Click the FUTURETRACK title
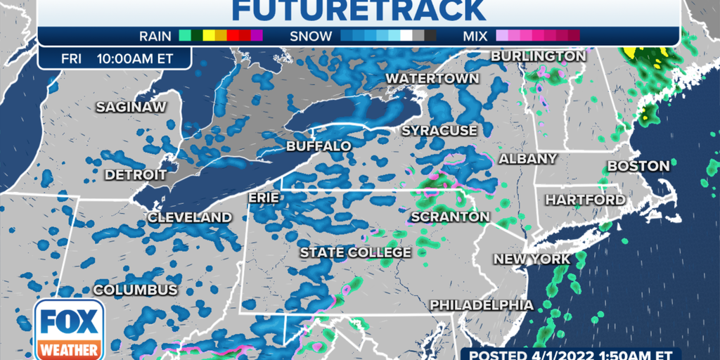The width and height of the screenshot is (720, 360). (x=359, y=11)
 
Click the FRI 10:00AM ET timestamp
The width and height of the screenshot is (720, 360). (x=115, y=58)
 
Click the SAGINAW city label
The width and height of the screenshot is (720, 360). (x=131, y=107)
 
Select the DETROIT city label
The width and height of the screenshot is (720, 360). (x=136, y=174)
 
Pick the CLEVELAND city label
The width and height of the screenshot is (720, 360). (x=189, y=218)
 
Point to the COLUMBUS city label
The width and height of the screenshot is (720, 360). (x=136, y=290)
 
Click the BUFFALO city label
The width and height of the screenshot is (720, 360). (x=319, y=146)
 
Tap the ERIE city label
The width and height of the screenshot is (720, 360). (x=264, y=199)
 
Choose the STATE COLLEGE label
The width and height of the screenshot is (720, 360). (x=355, y=252)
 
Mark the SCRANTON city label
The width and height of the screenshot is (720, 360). (x=449, y=217)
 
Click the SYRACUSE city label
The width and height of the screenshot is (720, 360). (x=439, y=131)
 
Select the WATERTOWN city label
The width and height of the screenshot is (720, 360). (x=432, y=78)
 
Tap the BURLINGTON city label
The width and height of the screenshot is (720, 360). (x=538, y=56)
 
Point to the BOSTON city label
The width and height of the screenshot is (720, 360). (x=638, y=166)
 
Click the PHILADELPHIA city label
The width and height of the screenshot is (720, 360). (x=482, y=305)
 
